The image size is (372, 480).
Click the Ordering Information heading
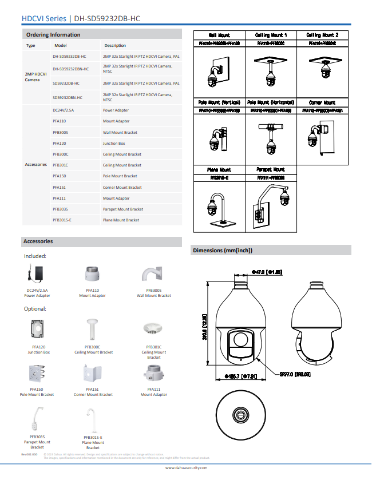(x=53, y=35)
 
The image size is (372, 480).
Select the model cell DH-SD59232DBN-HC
(x=71, y=69)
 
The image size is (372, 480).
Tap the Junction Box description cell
(x=114, y=144)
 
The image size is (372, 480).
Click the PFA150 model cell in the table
(x=60, y=176)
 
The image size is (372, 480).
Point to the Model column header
(x=61, y=45)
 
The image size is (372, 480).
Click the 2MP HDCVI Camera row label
(x=35, y=77)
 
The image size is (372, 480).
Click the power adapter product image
(x=38, y=274)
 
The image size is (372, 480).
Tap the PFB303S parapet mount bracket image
(x=38, y=418)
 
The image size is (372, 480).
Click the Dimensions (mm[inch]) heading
(x=223, y=250)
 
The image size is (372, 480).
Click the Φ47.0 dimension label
(x=267, y=272)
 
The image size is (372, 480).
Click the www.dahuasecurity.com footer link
(x=186, y=467)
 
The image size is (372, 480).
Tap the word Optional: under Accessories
(x=35, y=309)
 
